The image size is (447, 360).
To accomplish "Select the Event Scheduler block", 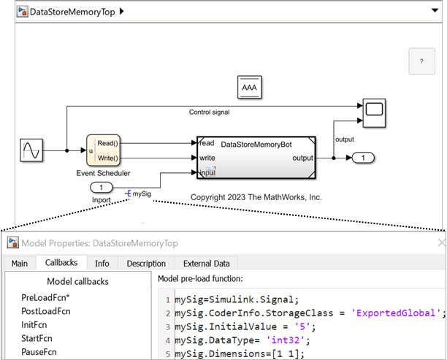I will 103,150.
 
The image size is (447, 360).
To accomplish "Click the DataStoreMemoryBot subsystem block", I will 256,156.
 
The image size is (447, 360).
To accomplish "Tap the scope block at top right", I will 375,110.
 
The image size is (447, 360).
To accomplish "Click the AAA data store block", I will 250,88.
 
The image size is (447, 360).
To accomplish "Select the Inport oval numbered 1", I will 101,188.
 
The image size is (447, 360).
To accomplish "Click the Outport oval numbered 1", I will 363,157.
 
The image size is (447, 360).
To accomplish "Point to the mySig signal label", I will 142,194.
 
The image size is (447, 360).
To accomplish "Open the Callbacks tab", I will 61,263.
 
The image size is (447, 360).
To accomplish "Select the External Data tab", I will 206,263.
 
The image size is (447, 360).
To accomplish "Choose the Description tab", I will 146,263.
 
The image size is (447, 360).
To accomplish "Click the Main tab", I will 20,263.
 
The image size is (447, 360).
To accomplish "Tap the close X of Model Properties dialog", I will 440,242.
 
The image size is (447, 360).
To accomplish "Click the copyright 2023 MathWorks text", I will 256,197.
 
